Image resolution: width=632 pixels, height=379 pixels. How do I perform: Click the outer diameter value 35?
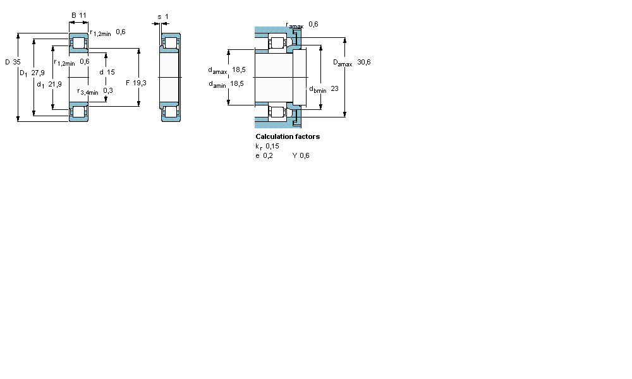pos(16,62)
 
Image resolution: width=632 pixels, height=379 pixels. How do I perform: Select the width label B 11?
pos(79,15)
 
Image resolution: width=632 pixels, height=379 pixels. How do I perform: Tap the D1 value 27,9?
pos(38,73)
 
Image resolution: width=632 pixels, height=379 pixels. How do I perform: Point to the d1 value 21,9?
pos(55,84)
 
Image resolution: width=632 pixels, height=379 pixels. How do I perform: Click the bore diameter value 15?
pos(111,72)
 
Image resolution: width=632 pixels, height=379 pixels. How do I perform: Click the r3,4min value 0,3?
pos(108,90)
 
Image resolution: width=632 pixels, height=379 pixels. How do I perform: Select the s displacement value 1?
pos(166,16)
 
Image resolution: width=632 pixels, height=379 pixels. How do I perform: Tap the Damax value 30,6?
pos(363,62)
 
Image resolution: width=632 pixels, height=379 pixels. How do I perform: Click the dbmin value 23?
pos(334,88)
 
